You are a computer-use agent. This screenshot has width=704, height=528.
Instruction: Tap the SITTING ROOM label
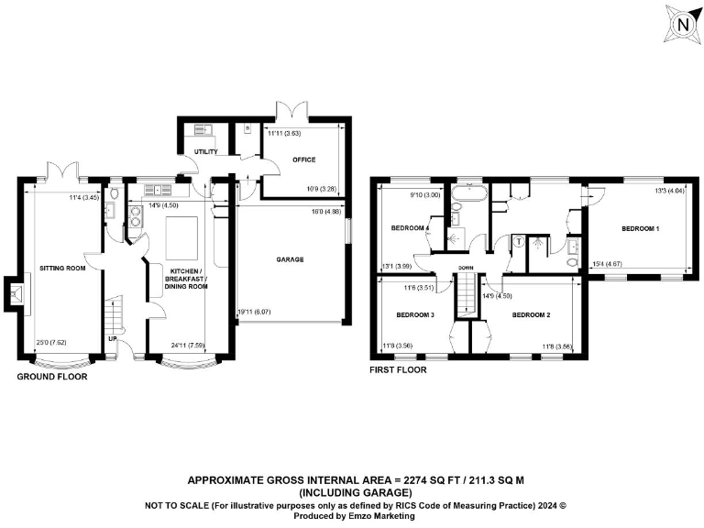(61, 269)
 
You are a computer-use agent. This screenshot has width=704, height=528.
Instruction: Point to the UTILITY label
(205, 151)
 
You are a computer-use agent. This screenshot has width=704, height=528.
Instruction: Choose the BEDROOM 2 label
(530, 314)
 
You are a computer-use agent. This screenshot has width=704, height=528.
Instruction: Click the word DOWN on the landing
(467, 268)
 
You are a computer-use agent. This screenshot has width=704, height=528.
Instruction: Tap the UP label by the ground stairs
(112, 337)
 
